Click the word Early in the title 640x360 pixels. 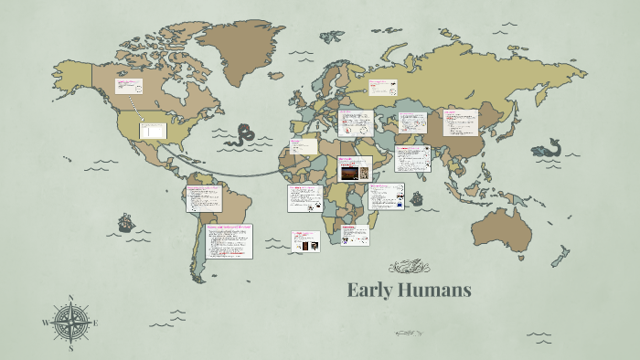[369, 291]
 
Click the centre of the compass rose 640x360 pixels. [71, 322]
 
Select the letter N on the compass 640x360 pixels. [71, 297]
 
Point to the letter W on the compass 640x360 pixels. [46, 323]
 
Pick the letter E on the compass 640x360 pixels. [96, 323]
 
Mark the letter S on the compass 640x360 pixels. [71, 347]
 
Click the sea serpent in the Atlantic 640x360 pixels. [244, 135]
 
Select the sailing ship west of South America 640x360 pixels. [124, 223]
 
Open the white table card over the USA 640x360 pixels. [152, 131]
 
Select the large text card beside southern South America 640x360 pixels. [229, 241]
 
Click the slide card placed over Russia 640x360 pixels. [382, 88]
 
